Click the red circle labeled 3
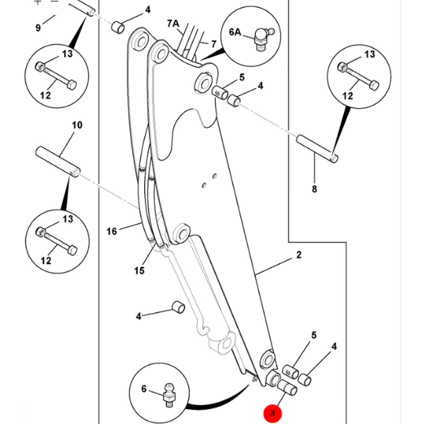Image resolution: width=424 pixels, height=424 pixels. [x=271, y=413]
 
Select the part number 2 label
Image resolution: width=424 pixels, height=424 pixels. [x=299, y=254]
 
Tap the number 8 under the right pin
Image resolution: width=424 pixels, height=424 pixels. [x=314, y=189]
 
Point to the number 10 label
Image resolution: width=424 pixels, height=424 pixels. [x=77, y=125]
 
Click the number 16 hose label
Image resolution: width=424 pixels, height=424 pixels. [x=112, y=231]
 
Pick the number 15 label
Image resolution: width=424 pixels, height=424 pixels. [x=139, y=271]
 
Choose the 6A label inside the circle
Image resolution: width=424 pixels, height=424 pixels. [x=235, y=32]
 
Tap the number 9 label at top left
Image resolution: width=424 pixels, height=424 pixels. [x=38, y=28]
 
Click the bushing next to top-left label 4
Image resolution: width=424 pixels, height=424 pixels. [x=119, y=30]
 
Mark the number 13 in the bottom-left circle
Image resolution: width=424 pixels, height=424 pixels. [x=68, y=219]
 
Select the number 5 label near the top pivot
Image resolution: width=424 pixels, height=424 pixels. [x=242, y=78]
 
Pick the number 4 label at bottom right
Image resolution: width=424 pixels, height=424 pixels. [x=334, y=346]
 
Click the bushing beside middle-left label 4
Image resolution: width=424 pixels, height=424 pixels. [x=177, y=308]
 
